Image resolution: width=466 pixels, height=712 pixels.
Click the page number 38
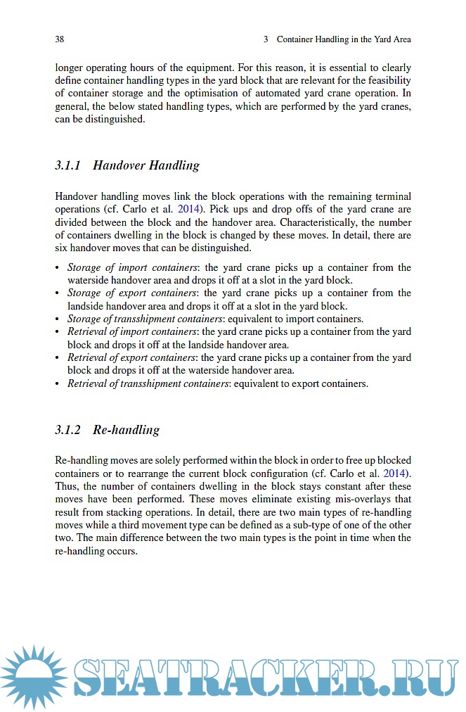pos(60,39)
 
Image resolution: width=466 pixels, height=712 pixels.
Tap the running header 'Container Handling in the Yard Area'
pos(343,39)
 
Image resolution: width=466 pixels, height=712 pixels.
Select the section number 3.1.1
pos(68,166)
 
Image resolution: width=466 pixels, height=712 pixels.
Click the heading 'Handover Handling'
pos(145,166)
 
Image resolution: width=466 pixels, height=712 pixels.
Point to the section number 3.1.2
pos(68,430)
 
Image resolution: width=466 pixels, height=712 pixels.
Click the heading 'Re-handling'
pos(126,430)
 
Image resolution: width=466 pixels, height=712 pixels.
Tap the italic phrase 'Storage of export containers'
pos(131,293)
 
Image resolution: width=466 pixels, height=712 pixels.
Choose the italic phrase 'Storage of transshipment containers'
pos(145,319)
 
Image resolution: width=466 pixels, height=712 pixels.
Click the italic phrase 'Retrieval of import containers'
pos(131,331)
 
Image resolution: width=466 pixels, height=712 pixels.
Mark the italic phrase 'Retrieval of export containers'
pos(131,357)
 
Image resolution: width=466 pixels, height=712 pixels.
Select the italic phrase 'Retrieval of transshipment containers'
pos(148,383)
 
